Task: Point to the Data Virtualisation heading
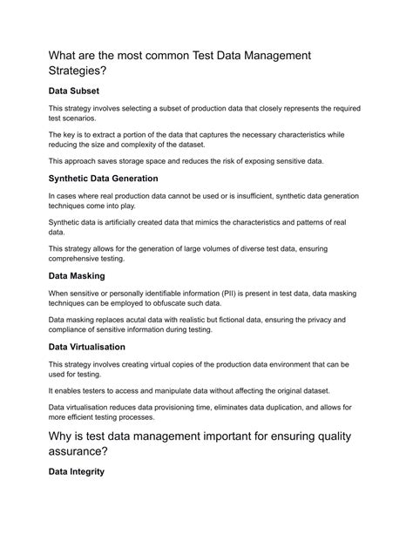pos(94,347)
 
